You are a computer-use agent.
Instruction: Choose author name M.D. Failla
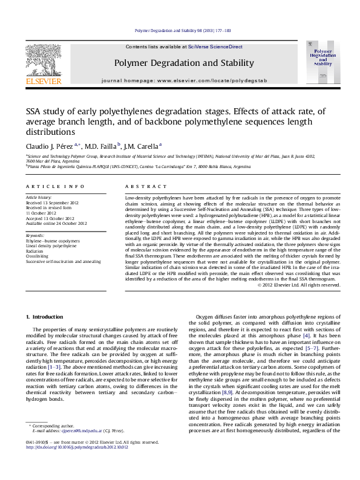pos(100,146)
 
